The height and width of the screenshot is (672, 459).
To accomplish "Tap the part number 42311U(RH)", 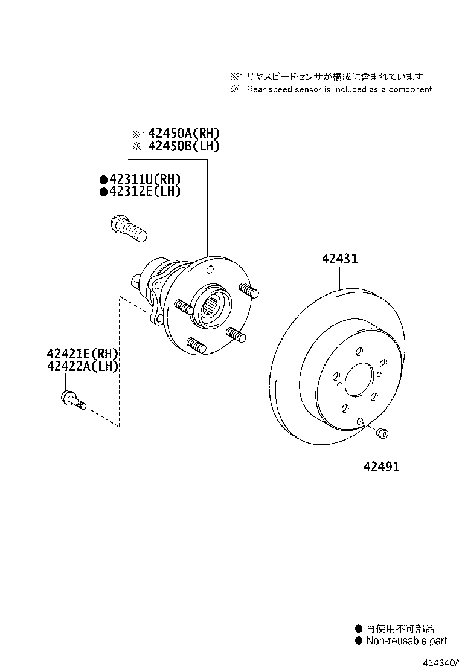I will pyautogui.click(x=145, y=179).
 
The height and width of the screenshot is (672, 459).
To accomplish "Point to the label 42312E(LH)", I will pyautogui.click(x=145, y=191).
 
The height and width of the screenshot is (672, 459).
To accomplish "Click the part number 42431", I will pyautogui.click(x=339, y=259).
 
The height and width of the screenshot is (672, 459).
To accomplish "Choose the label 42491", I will pyautogui.click(x=381, y=466).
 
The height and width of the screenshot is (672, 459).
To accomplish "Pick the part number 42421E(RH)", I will pyautogui.click(x=83, y=354).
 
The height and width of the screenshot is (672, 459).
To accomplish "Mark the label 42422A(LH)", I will pyautogui.click(x=83, y=366).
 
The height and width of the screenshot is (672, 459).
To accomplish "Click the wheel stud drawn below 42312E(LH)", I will pyautogui.click(x=129, y=228).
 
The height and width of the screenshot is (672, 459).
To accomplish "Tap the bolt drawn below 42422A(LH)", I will pyautogui.click(x=74, y=400).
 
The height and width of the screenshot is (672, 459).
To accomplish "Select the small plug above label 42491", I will pyautogui.click(x=382, y=433).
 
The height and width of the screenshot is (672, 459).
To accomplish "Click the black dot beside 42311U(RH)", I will pyautogui.click(x=103, y=179).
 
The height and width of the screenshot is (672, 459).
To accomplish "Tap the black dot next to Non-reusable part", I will pyautogui.click(x=359, y=641).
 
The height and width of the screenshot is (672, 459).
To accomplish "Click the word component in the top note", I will pyautogui.click(x=410, y=89).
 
